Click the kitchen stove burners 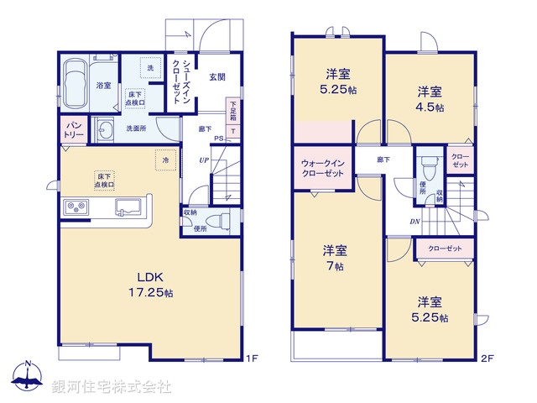(72, 207)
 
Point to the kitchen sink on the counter (128, 207)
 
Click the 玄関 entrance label (217, 79)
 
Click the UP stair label (204, 160)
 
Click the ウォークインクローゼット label (322, 168)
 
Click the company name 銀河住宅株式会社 (111, 387)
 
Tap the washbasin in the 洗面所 (105, 130)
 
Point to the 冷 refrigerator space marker (165, 160)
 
